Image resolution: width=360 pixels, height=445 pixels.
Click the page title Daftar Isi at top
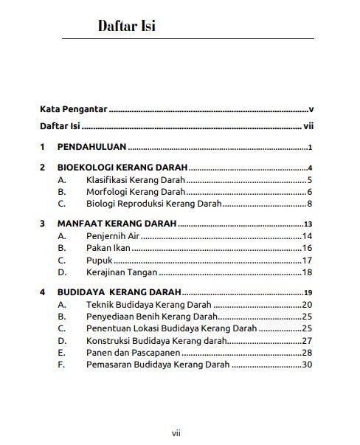pyautogui.click(x=126, y=27)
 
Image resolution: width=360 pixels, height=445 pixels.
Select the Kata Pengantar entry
pyautogui.click(x=74, y=109)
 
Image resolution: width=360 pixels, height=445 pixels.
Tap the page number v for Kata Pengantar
pyautogui.click(x=312, y=109)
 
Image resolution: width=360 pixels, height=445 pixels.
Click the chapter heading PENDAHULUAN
pyautogui.click(x=91, y=147)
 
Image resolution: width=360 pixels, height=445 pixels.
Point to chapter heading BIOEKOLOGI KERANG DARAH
pyautogui.click(x=122, y=168)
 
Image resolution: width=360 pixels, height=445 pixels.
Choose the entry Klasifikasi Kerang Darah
pyautogui.click(x=135, y=180)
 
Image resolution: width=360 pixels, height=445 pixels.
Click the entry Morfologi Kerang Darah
pyautogui.click(x=134, y=192)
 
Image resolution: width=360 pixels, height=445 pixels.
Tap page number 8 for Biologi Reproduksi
pyautogui.click(x=311, y=204)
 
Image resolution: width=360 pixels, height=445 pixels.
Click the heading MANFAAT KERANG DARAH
pyautogui.click(x=117, y=224)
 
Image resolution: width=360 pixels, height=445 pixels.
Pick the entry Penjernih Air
pyautogui.click(x=112, y=236)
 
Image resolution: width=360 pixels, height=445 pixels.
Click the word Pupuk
pyautogui.click(x=99, y=261)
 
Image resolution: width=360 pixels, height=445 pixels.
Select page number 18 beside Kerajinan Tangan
pyautogui.click(x=308, y=272)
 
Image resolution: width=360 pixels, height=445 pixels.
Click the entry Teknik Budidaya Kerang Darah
pyautogui.click(x=148, y=305)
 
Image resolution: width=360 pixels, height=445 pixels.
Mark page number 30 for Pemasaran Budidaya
pyautogui.click(x=308, y=365)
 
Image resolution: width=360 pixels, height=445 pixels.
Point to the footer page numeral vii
pyautogui.click(x=176, y=433)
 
